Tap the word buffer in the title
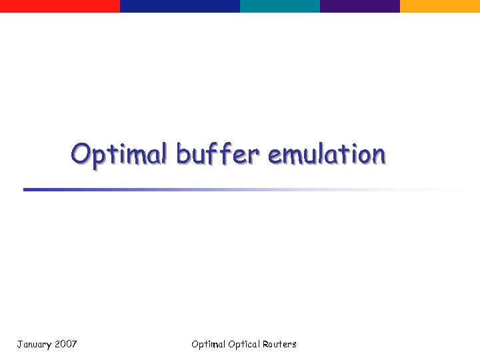point(217,154)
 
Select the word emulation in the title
point(326,154)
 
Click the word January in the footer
point(33,345)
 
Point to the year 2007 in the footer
point(66,344)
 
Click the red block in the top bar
point(60,6)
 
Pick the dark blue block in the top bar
point(180,6)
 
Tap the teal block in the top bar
point(280,6)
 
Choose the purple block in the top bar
point(360,6)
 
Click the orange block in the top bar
point(440,6)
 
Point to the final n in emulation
point(378,155)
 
